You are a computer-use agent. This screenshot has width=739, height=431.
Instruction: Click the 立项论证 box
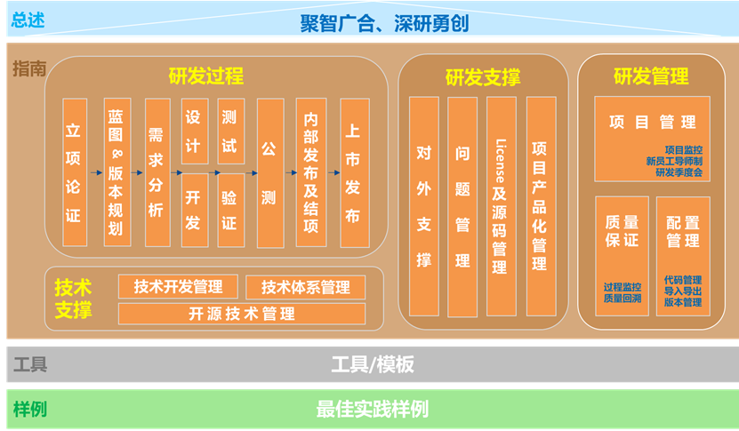[x=75, y=172]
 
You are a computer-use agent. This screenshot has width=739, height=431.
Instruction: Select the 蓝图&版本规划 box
[x=116, y=172]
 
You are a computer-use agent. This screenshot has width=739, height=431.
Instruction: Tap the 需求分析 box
[x=157, y=172]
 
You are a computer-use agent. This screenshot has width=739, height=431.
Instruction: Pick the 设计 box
[x=195, y=131]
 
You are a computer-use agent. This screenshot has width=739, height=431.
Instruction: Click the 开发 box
[x=195, y=210]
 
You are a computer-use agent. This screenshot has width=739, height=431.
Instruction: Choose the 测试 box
[x=231, y=131]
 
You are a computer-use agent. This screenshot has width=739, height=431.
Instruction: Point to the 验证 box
[x=231, y=210]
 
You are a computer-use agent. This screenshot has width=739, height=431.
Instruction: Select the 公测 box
[x=270, y=173]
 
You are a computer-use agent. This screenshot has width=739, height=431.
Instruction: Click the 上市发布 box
[x=355, y=173]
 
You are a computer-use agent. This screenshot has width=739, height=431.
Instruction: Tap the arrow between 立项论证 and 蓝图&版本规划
[x=96, y=173]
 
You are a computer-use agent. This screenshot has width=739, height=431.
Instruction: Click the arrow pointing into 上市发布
[x=333, y=173]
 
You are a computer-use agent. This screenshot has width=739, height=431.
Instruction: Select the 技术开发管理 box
[x=178, y=286]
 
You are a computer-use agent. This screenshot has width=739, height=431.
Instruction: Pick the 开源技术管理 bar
[x=242, y=314]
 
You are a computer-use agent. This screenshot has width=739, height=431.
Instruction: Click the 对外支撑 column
[x=423, y=206]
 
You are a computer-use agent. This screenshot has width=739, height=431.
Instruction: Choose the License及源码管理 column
[x=501, y=206]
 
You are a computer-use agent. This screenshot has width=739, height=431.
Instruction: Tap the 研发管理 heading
[x=651, y=76]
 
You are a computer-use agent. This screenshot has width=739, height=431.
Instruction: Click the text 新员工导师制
[x=674, y=161]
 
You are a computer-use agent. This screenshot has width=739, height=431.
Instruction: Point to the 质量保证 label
[x=623, y=231]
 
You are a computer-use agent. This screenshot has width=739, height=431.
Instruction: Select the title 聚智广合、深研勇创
[x=384, y=24]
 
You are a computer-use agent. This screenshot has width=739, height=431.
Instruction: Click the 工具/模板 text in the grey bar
[x=373, y=364]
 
